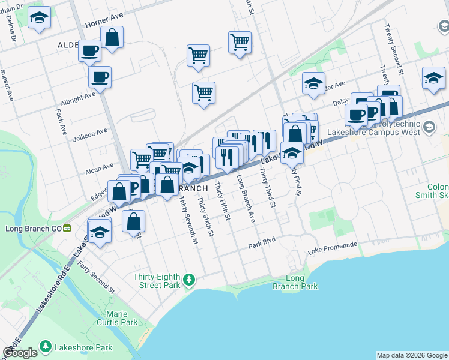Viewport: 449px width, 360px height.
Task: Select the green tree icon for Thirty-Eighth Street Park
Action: (190, 280)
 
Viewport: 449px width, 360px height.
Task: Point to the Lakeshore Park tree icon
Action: (46, 347)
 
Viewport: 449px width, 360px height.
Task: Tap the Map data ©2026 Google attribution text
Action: (411, 355)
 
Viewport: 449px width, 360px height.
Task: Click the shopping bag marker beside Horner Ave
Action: (112, 37)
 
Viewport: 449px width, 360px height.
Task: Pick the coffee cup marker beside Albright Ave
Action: (100, 77)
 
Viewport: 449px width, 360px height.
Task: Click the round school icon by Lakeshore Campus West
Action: (429, 127)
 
